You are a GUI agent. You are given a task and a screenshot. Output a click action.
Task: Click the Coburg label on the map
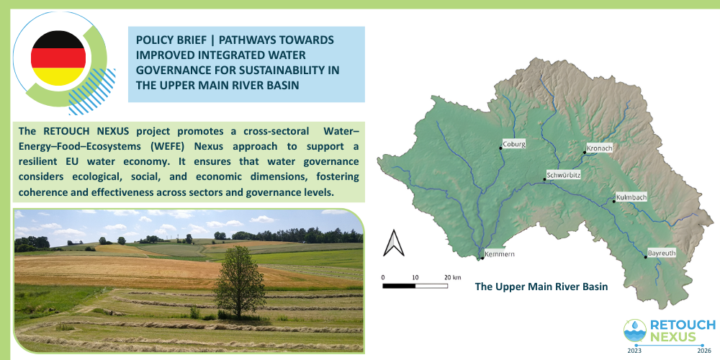[514, 143]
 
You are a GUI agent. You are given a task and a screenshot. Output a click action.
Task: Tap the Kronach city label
[600, 148]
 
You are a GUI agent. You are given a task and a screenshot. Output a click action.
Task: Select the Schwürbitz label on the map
[564, 176]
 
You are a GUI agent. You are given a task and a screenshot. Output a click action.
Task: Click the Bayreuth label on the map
[662, 253]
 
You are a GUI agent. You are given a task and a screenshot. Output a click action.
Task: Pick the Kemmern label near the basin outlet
[500, 254]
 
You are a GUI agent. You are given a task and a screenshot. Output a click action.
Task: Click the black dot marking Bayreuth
[645, 257]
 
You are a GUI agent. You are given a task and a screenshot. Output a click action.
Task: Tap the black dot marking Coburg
[500, 148]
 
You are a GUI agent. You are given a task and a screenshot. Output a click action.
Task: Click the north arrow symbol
[394, 243]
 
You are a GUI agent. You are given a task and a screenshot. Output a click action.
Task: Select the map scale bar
[415, 286]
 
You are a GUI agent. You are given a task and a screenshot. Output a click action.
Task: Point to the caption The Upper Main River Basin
[541, 287]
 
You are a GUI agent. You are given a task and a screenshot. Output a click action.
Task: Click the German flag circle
[58, 58]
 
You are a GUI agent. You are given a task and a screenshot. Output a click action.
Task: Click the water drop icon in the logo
[636, 325]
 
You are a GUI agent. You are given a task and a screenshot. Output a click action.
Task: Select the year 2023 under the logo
[634, 351]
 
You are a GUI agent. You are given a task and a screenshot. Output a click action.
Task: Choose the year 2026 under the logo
[704, 351]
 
